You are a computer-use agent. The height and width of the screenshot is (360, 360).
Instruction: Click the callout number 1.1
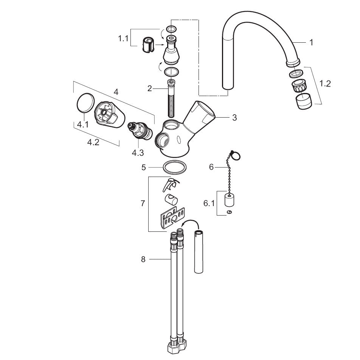point(123,38)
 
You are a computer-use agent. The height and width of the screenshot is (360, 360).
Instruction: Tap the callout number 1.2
point(325,84)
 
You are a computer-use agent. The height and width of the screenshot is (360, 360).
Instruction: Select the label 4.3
point(138,153)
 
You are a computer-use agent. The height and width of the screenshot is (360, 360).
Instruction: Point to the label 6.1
point(209,203)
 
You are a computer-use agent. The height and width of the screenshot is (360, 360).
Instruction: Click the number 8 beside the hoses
point(143,259)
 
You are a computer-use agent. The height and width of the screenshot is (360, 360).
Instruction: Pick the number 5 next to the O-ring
point(144,168)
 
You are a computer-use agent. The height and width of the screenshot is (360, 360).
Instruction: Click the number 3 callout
point(234,118)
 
